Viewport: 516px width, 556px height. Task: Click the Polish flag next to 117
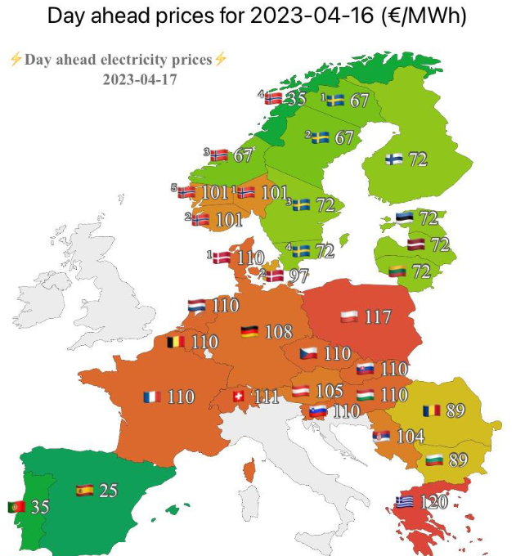click(x=350, y=316)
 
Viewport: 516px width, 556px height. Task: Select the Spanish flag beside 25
click(x=84, y=491)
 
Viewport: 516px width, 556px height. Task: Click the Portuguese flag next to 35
click(x=16, y=507)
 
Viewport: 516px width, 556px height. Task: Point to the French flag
click(x=151, y=397)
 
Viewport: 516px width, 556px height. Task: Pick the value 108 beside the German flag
click(x=279, y=332)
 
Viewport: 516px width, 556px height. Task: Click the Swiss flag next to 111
click(x=239, y=397)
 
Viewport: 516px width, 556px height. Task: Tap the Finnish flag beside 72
click(x=394, y=159)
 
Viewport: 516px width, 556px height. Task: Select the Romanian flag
click(x=431, y=410)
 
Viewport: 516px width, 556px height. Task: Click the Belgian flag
click(x=176, y=342)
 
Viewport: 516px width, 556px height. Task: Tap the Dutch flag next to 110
click(x=197, y=306)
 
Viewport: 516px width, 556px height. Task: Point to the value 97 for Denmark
click(x=298, y=276)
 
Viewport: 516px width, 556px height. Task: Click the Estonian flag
click(x=405, y=218)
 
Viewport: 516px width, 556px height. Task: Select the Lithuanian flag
click(x=397, y=271)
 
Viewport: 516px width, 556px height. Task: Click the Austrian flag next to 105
click(x=301, y=391)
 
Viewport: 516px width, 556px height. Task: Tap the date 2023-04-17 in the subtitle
click(x=140, y=79)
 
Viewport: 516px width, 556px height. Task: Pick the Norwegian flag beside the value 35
click(x=273, y=99)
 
